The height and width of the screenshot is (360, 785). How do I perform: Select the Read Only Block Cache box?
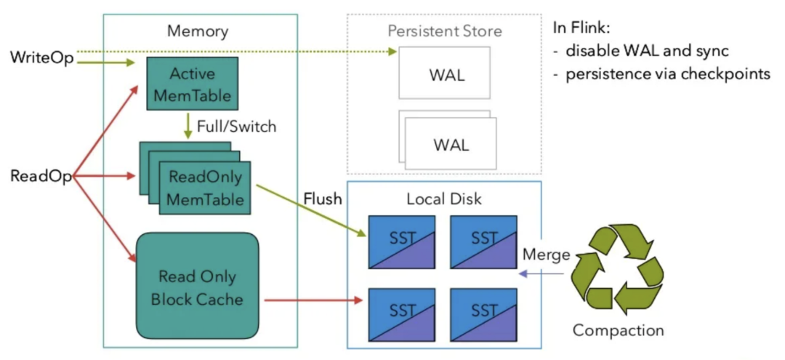[197, 285]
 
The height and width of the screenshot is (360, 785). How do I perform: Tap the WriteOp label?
[41, 58]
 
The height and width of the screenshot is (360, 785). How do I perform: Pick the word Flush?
[323, 199]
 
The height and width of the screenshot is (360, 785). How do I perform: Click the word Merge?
[546, 255]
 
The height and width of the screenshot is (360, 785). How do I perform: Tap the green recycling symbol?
[618, 269]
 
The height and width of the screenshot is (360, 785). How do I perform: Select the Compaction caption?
[619, 330]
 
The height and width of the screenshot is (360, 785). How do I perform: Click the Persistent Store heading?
[445, 31]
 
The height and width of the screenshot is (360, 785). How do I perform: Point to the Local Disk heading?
[445, 199]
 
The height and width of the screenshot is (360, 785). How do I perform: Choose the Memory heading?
[198, 31]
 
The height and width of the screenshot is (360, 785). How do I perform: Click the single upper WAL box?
[445, 73]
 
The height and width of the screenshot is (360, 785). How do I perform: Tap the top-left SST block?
[401, 242]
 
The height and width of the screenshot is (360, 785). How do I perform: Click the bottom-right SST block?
[483, 314]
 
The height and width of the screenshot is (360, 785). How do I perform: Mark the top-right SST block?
[483, 242]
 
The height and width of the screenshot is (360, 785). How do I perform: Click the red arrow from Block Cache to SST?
[313, 300]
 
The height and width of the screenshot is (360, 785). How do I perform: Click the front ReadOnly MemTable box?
[205, 188]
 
